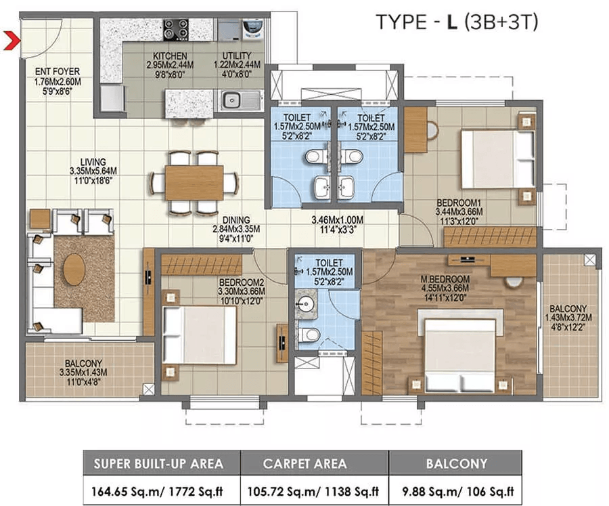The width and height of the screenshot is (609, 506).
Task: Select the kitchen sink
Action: coord(233,100)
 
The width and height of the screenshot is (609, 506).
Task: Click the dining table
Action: coord(194,182)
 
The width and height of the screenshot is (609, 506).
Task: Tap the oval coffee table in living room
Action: coord(74,269)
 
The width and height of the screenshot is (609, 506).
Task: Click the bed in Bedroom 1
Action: coord(497,159)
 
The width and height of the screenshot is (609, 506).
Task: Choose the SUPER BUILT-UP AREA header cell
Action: coord(160,464)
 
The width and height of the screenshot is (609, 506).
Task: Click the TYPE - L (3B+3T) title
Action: coord(457,22)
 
